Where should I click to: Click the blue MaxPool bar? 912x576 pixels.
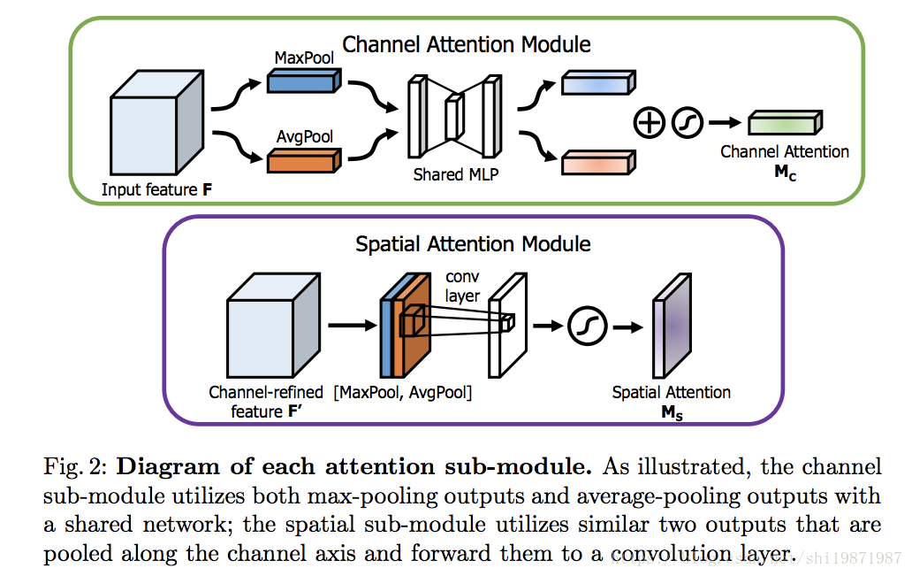coord(304,81)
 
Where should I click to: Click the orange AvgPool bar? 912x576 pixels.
coord(304,160)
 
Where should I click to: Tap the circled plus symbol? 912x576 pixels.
coord(649,123)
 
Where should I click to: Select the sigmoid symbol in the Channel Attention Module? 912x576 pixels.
coord(687,123)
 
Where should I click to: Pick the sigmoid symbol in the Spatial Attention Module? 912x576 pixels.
coord(588,326)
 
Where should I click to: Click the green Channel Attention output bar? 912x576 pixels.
coord(786,122)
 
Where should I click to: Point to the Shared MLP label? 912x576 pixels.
coord(456,174)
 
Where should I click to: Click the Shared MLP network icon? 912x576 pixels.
coord(455,117)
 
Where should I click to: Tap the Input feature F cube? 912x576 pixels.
coord(157,122)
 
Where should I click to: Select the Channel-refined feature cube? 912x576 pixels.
coord(273,325)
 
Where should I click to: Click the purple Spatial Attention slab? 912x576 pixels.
coord(672,326)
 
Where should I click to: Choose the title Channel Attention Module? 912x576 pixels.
coord(467,44)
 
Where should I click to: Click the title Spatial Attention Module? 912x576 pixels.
coord(473,243)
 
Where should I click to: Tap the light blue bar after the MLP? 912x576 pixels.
coord(598,82)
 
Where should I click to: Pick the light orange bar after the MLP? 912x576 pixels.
coord(598,163)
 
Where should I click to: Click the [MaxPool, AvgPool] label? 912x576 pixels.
coord(402,393)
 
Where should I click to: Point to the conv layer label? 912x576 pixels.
coord(462,286)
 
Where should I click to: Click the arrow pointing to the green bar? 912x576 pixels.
coord(725,122)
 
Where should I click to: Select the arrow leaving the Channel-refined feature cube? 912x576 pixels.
coord(353,325)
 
